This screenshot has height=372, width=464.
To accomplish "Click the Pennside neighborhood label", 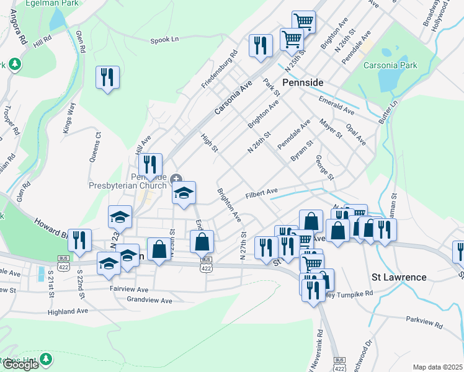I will point(303,82).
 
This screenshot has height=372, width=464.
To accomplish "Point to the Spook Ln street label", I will point(164,40).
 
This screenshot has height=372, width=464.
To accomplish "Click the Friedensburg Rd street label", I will point(220,68).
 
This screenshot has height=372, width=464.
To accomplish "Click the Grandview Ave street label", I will point(149,301).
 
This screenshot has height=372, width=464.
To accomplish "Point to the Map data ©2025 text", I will point(437,367).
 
